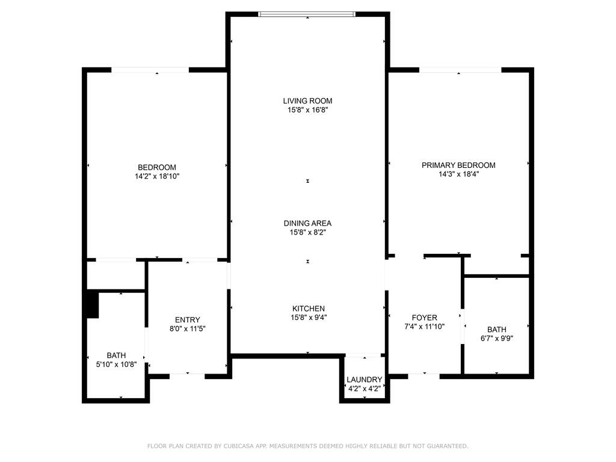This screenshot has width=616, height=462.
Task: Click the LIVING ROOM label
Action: [x=307, y=100]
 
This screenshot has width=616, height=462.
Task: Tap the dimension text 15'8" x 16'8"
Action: [x=307, y=110]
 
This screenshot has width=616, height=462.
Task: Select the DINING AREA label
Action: [x=307, y=223]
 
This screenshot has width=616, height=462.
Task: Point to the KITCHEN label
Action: [x=309, y=309]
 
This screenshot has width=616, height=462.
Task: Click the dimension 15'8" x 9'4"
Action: [x=309, y=318]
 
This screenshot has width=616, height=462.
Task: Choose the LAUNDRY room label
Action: [x=364, y=380]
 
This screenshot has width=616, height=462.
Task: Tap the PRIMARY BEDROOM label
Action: [x=458, y=165]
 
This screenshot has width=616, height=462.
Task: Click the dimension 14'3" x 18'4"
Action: [x=458, y=174]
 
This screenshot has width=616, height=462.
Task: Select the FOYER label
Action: [x=424, y=318]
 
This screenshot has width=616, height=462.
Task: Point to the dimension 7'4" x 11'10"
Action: [x=424, y=327]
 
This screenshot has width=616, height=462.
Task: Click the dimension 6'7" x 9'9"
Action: [x=496, y=338]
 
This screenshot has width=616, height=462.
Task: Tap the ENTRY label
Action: [x=188, y=319]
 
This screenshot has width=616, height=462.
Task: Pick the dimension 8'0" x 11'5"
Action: [x=188, y=328]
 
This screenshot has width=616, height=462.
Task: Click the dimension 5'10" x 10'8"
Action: [x=117, y=365]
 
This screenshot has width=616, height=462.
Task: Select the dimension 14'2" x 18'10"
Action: [x=157, y=176]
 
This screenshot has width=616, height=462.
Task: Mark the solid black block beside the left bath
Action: [x=92, y=304]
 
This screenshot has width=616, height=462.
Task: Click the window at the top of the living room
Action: [x=307, y=14]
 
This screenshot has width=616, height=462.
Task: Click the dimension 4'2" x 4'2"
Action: [x=364, y=389]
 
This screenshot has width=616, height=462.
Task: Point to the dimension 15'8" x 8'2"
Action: [x=307, y=232]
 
